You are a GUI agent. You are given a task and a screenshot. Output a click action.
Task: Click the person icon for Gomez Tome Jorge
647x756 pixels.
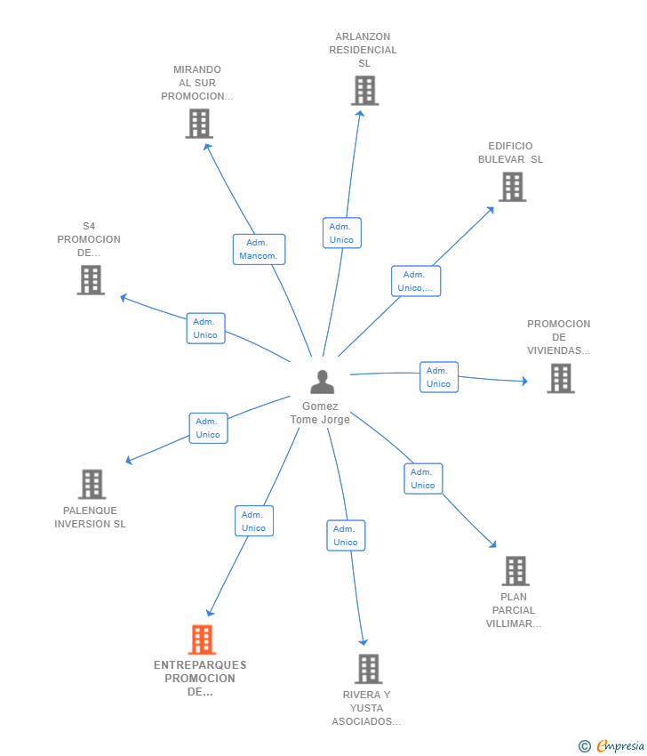coord(323,382)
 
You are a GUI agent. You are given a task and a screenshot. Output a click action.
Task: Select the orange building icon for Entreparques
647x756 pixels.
coord(202,639)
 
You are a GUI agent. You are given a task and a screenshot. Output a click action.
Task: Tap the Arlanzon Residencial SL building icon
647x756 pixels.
coord(364,91)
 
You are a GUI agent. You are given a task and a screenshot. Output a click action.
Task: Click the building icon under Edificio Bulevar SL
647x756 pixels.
coord(512,187)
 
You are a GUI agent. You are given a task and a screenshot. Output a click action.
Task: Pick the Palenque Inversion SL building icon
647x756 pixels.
coord(92,484)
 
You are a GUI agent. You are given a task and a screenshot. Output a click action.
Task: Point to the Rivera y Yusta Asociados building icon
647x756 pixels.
coord(369,669)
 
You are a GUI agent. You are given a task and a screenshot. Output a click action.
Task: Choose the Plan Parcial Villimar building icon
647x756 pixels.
coord(515,571)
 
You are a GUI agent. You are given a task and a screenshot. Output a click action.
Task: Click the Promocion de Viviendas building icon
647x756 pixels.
coord(561,379)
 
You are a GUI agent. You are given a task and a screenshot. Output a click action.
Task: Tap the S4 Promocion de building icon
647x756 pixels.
coord(91,280)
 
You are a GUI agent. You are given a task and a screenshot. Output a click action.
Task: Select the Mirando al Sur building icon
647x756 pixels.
coord(199,124)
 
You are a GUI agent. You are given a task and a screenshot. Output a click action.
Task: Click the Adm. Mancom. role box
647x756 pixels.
coord(260,249)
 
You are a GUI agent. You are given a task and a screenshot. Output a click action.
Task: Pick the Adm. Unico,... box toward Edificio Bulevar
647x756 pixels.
coord(416,281)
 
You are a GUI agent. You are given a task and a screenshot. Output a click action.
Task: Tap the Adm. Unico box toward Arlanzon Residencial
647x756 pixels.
coord(342,233)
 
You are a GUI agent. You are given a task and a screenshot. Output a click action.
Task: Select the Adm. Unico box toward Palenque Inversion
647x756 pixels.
coord(208,428)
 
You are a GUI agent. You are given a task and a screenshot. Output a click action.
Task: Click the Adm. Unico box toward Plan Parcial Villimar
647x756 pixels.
coord(423,479)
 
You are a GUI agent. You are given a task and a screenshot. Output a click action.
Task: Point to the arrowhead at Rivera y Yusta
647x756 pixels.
coord(363,642)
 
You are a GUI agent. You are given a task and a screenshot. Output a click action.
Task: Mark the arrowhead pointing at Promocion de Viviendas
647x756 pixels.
coord(524,381)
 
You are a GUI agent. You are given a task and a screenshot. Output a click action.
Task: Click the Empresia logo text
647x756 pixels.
coord(620,745)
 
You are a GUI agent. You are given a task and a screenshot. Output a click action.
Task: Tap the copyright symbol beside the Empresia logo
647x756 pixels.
coord(585,746)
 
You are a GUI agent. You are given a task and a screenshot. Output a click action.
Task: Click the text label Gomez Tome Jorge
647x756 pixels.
coord(320,414)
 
